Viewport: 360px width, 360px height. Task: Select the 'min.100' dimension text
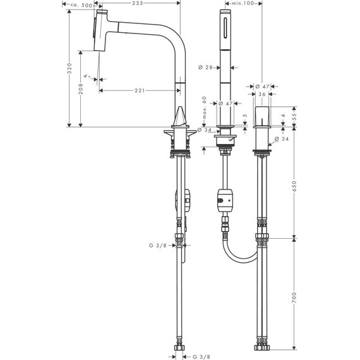tap(244, 4)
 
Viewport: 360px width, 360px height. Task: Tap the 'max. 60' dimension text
tap(204, 111)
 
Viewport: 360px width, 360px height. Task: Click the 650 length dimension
tap(294, 188)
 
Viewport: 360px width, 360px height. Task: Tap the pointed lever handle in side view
tap(179, 117)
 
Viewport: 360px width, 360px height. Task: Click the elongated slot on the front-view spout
tap(225, 30)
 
